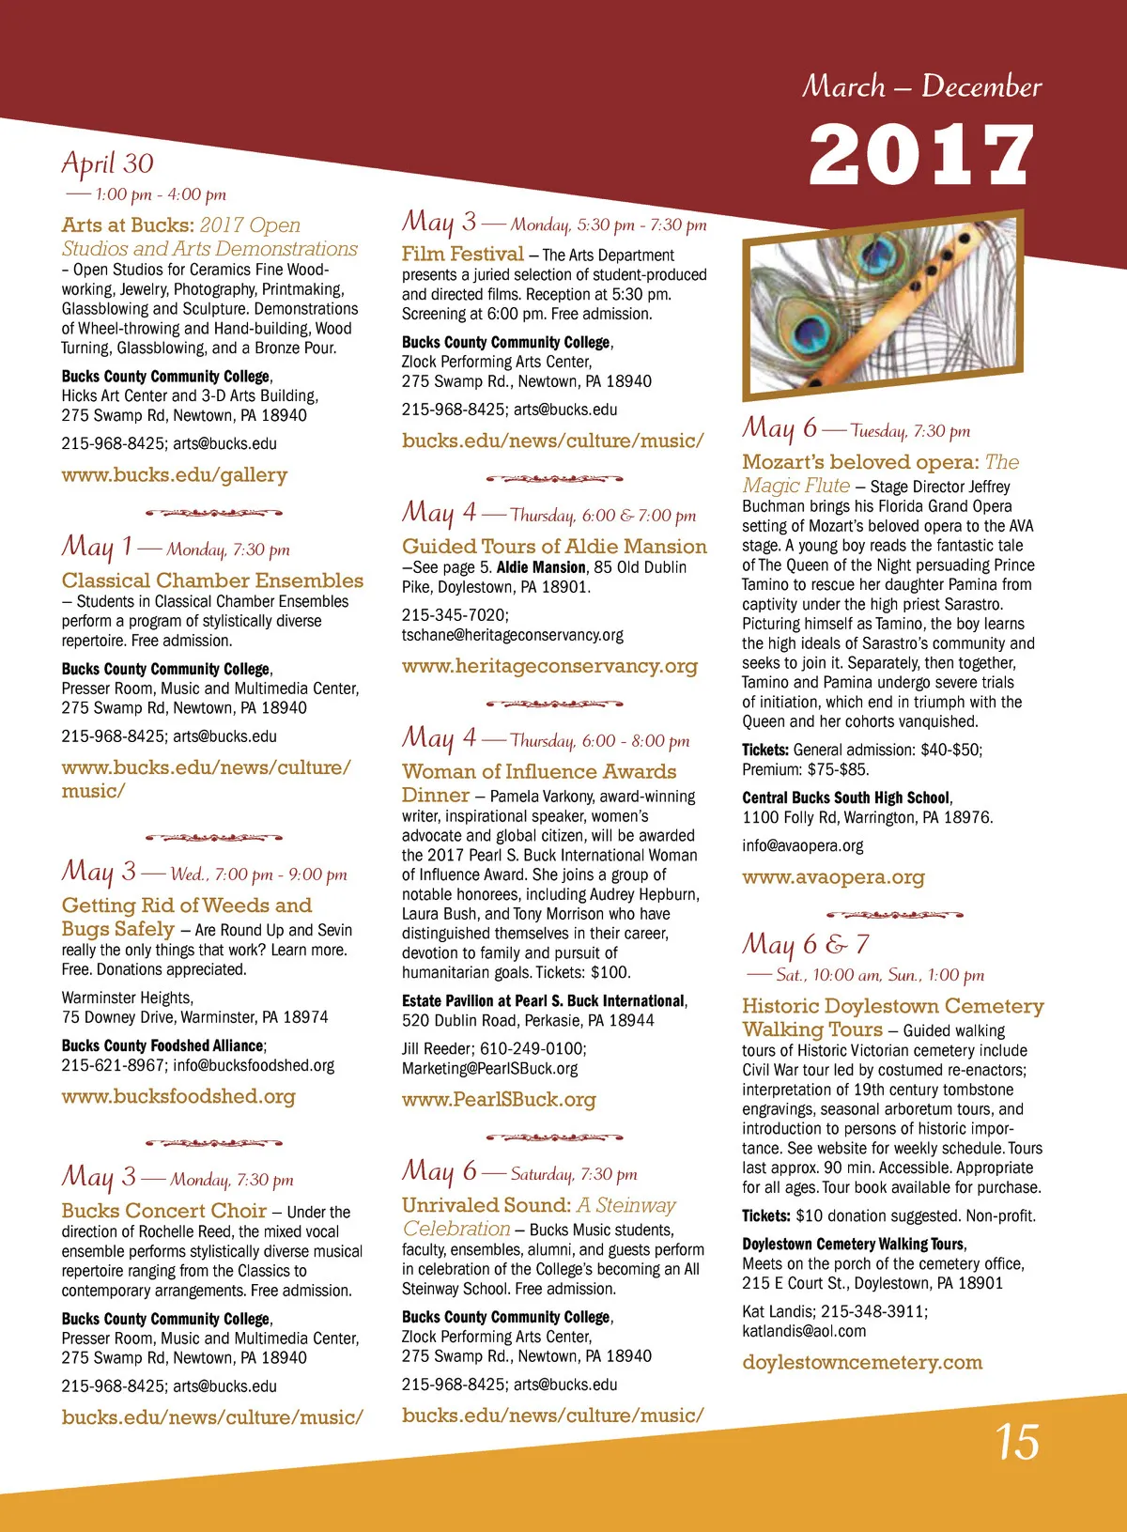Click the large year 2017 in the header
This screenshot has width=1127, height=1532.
pyautogui.click(x=921, y=155)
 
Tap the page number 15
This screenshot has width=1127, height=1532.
pyautogui.click(x=1017, y=1442)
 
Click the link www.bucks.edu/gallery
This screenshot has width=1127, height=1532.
pyautogui.click(x=175, y=475)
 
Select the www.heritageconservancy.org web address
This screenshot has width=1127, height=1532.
pyautogui.click(x=549, y=666)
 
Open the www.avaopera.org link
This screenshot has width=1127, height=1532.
pyautogui.click(x=833, y=877)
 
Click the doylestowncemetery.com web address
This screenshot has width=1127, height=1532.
pyautogui.click(x=862, y=1362)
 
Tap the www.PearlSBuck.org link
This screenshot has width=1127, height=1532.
pyautogui.click(x=499, y=1099)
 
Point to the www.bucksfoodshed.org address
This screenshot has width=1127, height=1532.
pyautogui.click(x=178, y=1096)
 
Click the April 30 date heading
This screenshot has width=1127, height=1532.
pyautogui.click(x=107, y=163)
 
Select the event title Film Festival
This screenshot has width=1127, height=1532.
pyautogui.click(x=462, y=254)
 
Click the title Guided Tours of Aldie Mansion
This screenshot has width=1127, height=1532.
pyautogui.click(x=554, y=546)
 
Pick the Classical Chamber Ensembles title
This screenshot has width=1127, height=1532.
pyautogui.click(x=212, y=580)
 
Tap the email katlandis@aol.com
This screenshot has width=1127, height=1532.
pyautogui.click(x=804, y=1331)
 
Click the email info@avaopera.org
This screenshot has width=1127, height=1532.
pyautogui.click(x=802, y=845)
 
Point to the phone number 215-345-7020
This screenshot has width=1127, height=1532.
pyautogui.click(x=455, y=615)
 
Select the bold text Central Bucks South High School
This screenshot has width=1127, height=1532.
pyautogui.click(x=846, y=797)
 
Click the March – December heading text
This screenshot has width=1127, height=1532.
pyautogui.click(x=921, y=86)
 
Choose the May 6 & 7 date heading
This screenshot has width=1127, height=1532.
pyautogui.click(x=806, y=944)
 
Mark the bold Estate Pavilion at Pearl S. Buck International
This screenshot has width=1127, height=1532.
pyautogui.click(x=544, y=1001)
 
